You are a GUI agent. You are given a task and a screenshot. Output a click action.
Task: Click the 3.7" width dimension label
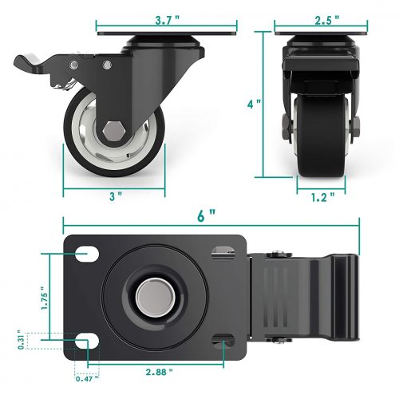[x=168, y=20]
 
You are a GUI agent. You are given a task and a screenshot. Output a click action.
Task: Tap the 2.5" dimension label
[x=327, y=20]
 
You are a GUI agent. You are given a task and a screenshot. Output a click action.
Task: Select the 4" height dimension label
[x=254, y=104]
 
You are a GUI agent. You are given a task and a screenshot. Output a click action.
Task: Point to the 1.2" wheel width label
[x=323, y=197]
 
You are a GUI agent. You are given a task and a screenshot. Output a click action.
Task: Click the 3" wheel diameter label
[x=116, y=196]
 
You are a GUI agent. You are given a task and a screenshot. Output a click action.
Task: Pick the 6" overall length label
[x=206, y=215]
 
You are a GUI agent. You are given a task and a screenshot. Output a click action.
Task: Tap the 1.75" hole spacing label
[x=44, y=298]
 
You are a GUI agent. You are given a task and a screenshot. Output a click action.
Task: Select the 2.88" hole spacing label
[x=160, y=372]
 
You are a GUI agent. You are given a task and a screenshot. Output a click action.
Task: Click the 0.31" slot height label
[x=21, y=340]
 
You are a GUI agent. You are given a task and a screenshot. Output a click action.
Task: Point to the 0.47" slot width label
[x=87, y=378]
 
